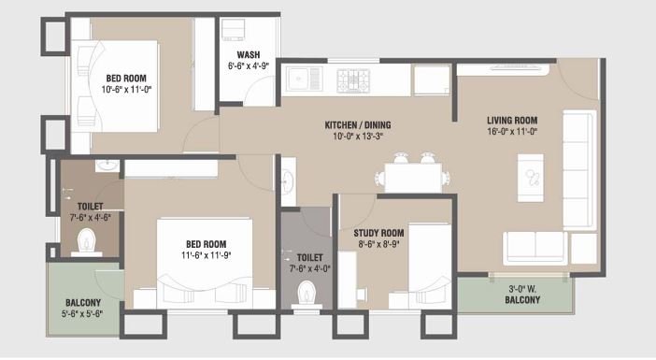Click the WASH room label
pyautogui.click(x=248, y=54)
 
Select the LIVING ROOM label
pyautogui.click(x=512, y=120)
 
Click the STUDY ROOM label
pyautogui.click(x=378, y=233)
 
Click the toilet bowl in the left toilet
pyautogui.click(x=89, y=244)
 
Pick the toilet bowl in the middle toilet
pyautogui.click(x=305, y=295)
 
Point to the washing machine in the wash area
pyautogui.click(x=234, y=27)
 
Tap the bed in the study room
pyautogui.click(x=431, y=266)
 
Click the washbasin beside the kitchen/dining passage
pyautogui.click(x=288, y=176)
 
